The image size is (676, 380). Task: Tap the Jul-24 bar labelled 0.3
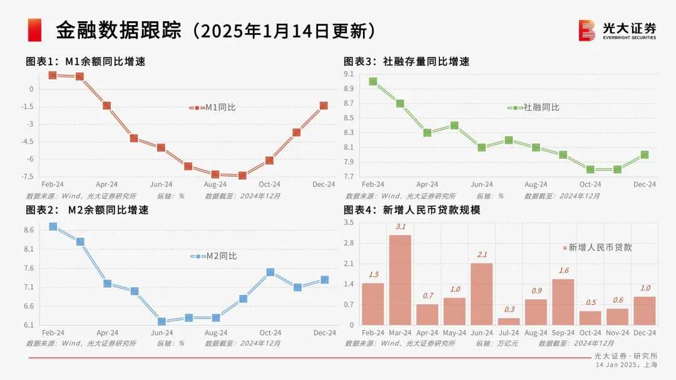pos(509,321)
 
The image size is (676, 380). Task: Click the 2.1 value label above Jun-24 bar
pos(481,254)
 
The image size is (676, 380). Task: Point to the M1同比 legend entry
pos(213,107)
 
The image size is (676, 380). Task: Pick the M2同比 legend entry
pos(214,256)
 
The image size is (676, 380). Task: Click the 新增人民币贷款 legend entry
pos(597,247)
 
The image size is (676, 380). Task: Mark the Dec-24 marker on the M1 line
pos(324,106)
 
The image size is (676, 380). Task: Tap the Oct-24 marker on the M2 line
pos(270,272)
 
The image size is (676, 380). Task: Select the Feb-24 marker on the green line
pos(373,81)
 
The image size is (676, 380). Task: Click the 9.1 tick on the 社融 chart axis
pos(349,74)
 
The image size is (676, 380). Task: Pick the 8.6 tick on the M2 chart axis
pos(29,230)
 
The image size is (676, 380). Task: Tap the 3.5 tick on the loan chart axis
pos(349,222)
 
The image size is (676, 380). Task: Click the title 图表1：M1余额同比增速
pos(86,61)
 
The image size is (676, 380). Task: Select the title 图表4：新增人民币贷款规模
pos(412,210)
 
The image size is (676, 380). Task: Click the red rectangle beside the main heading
pos(34,30)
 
